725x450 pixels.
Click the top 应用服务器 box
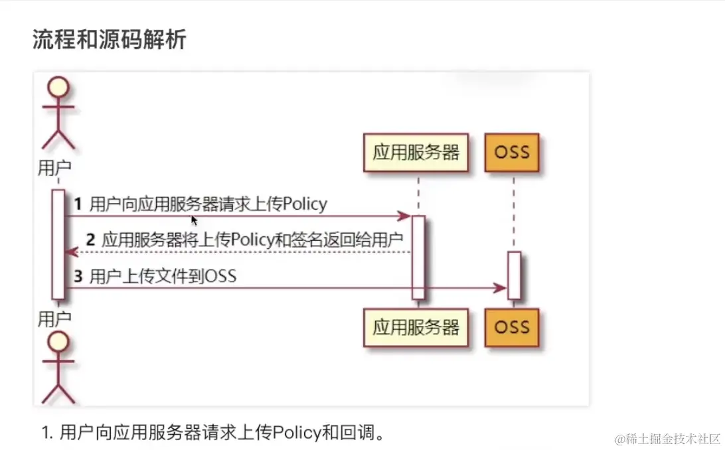click(416, 153)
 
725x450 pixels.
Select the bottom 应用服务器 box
click(416, 327)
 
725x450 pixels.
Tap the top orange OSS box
click(512, 153)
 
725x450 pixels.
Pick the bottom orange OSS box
click(512, 327)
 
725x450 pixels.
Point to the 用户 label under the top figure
click(54, 168)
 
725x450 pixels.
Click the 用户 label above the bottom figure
click(54, 318)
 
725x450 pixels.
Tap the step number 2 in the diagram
click(91, 240)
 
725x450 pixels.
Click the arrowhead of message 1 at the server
click(403, 216)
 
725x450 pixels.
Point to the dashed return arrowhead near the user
click(71, 252)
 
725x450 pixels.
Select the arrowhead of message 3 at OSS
click(500, 288)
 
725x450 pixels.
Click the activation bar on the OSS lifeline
click(513, 275)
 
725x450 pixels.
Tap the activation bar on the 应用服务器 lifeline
click(418, 257)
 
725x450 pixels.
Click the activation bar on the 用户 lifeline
click(58, 244)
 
